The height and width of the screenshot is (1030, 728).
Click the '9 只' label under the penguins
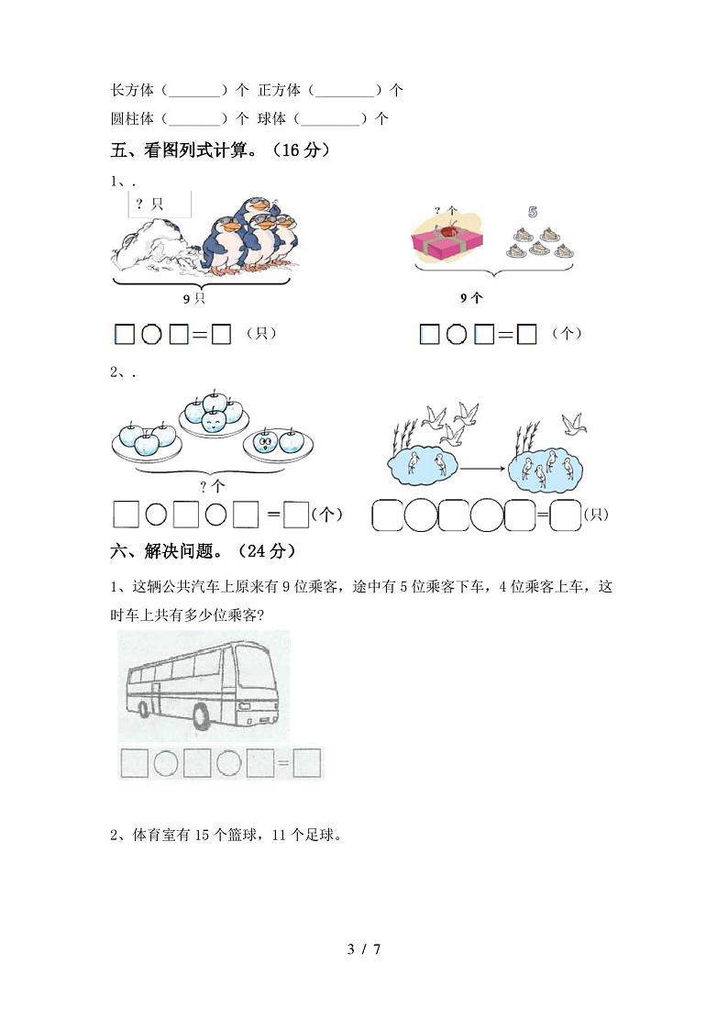coord(193,299)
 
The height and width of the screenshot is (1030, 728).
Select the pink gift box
coord(447,242)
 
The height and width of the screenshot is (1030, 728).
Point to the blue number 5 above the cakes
coord(532,212)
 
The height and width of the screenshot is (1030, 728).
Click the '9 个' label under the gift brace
coord(471,298)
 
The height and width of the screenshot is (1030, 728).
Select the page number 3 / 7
coord(364,948)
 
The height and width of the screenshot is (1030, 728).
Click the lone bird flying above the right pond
coord(575,423)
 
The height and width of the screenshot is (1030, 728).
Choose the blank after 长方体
coord(195,91)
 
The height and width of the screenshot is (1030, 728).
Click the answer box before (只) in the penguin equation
coord(220,335)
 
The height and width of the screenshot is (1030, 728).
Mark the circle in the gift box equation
coord(456,335)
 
